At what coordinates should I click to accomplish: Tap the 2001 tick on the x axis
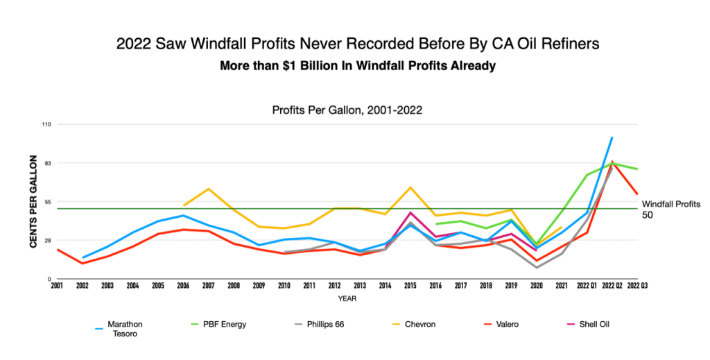coord(56,285)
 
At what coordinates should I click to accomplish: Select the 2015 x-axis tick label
coord(410,285)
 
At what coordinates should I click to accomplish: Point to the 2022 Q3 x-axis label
coord(638,285)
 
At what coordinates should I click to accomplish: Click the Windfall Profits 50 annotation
coord(668,209)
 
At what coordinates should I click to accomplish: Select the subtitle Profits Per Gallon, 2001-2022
coord(347,110)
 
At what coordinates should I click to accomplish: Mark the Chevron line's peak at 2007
coord(209,189)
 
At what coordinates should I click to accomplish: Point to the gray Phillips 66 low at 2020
coord(537,267)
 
